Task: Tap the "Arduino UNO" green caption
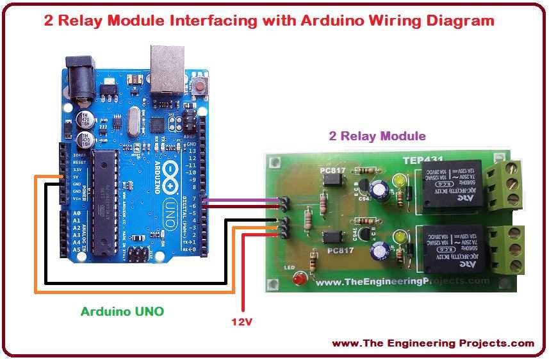pyautogui.click(x=122, y=312)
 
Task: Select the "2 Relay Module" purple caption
pyautogui.click(x=377, y=136)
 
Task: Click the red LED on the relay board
pyautogui.click(x=297, y=279)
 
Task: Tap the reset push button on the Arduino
pyautogui.click(x=202, y=85)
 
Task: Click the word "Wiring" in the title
pyautogui.click(x=348, y=20)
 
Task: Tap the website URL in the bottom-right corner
pyautogui.click(x=432, y=343)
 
